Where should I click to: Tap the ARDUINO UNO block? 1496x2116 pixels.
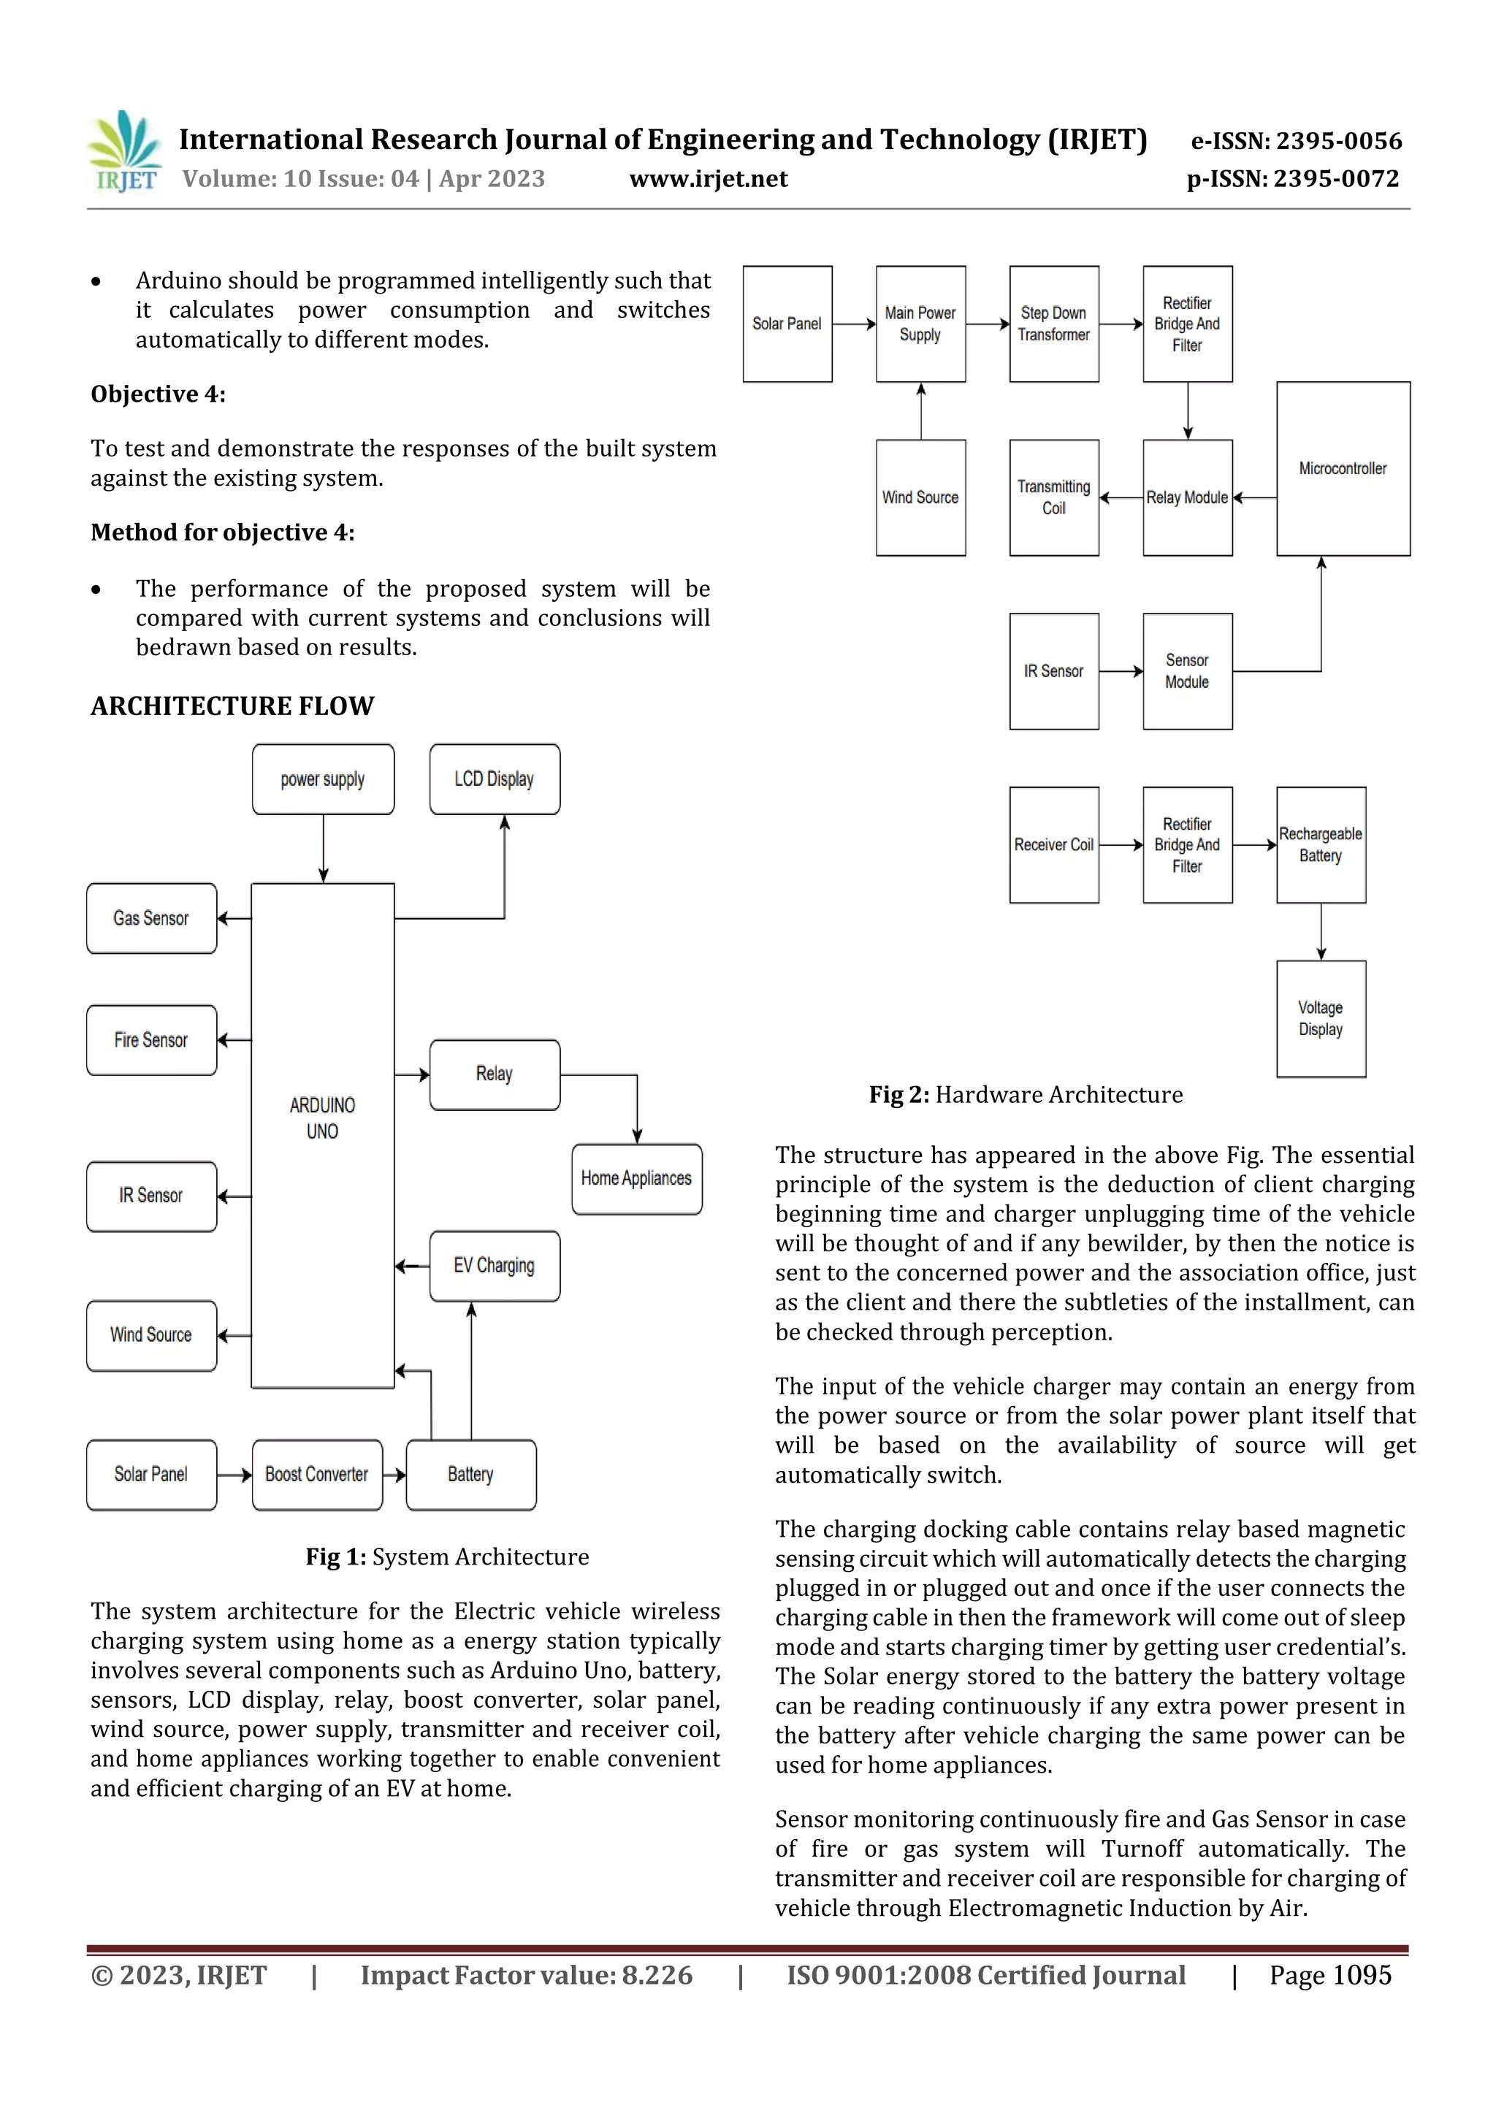coord(323,1134)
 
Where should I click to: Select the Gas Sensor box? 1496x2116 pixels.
coord(151,918)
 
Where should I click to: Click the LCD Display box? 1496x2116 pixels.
coord(494,779)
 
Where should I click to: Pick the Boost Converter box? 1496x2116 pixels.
coord(317,1474)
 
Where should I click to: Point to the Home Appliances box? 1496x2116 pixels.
coord(636,1179)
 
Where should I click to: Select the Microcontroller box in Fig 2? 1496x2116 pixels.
coord(1342,468)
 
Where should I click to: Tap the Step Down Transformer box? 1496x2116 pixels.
coord(1053,324)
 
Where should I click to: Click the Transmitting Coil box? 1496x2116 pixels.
coord(1053,497)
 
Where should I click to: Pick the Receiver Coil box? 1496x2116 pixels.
coord(1053,844)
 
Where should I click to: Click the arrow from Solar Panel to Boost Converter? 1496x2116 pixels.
coord(234,1475)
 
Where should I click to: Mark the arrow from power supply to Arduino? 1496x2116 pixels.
coord(324,848)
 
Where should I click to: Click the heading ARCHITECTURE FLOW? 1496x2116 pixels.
coord(232,706)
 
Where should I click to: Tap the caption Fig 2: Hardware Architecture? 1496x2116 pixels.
coord(1025,1095)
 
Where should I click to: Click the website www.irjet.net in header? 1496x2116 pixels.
coord(708,179)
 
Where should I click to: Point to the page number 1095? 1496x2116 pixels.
coord(1362,1975)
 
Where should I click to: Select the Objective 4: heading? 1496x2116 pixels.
coord(158,394)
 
